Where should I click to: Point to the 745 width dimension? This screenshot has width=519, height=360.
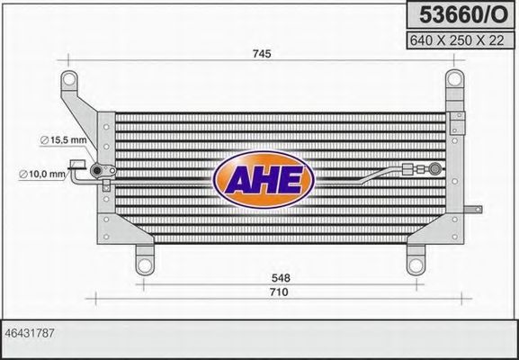click(x=262, y=54)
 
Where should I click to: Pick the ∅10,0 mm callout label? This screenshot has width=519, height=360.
click(x=42, y=174)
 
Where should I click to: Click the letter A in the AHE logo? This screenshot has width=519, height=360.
click(x=237, y=176)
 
